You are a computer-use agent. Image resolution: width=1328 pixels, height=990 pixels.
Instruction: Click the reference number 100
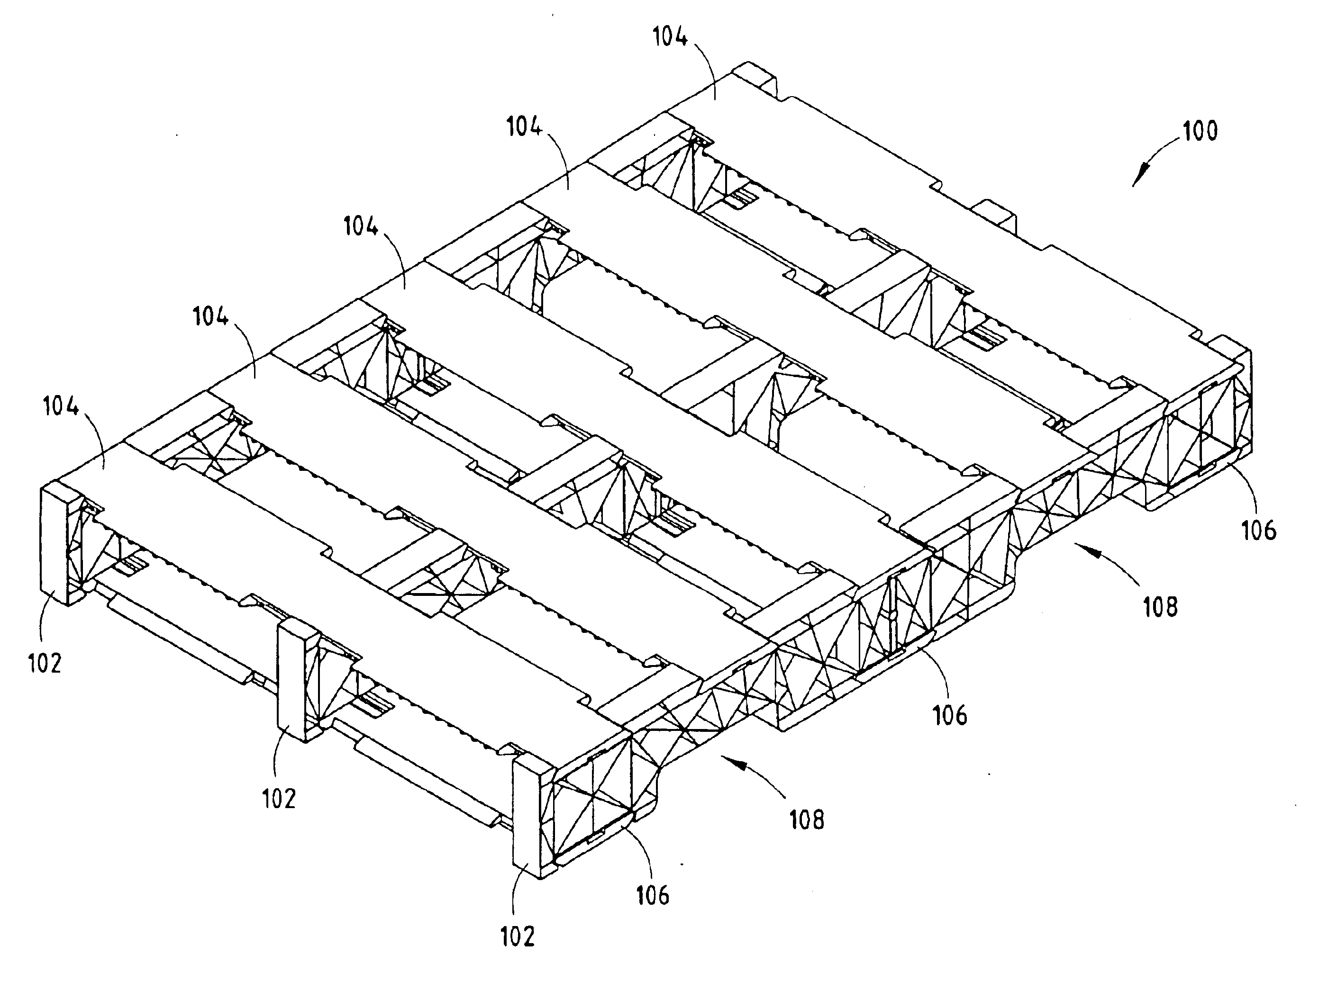[x=1201, y=131]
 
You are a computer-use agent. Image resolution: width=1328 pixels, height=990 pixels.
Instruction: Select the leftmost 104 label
[x=61, y=407]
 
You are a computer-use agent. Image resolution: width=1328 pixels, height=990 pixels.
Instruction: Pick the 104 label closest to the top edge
[x=671, y=37]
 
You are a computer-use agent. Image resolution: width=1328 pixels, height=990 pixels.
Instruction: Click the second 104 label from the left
[x=210, y=316]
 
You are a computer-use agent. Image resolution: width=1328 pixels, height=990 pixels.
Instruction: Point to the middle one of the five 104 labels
[x=361, y=227]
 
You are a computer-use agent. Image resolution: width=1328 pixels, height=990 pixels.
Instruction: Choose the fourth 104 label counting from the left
[x=525, y=127]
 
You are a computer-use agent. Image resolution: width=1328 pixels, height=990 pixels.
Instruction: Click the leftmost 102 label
[x=45, y=664]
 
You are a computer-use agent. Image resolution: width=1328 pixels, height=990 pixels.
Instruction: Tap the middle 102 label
[x=279, y=799]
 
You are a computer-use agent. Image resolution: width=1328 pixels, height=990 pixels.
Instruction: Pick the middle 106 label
[x=950, y=715]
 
